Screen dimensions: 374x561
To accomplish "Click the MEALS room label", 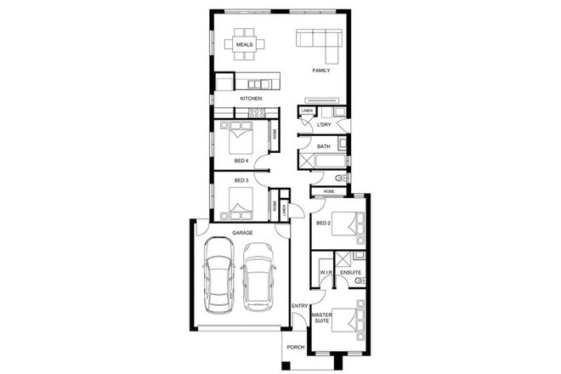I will point(244,43).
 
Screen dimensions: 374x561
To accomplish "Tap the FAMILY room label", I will point(320,71).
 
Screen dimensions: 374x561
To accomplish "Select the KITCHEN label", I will point(251,99).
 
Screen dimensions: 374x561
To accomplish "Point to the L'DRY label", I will point(323,126).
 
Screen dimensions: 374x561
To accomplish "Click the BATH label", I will point(323,147).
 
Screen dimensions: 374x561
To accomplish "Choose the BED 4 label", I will point(241,161).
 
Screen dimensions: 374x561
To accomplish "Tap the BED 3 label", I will point(241,180).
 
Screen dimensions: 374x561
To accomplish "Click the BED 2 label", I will point(322,224).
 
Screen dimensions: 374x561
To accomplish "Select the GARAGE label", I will point(243,232).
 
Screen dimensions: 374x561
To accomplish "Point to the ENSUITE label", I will point(351,273).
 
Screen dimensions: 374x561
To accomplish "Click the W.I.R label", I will point(325,273).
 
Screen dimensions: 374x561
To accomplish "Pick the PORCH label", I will point(295,347).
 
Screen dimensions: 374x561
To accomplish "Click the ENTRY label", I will point(299,305).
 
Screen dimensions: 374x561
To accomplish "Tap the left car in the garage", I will point(218,274).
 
